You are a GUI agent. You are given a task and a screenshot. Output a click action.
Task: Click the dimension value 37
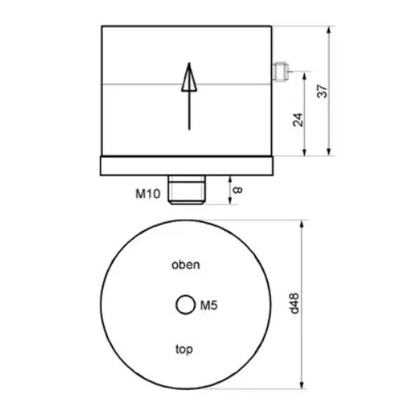click(x=322, y=91)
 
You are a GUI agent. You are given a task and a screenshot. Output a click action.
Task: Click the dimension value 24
click(x=298, y=119)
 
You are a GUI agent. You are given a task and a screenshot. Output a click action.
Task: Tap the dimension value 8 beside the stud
click(x=238, y=190)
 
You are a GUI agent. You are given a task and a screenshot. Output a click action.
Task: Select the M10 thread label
click(x=147, y=194)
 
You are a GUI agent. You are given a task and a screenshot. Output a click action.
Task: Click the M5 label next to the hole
click(x=208, y=306)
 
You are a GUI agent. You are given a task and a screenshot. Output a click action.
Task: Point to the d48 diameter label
click(x=295, y=304)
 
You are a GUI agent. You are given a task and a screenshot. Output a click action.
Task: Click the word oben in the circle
click(x=185, y=265)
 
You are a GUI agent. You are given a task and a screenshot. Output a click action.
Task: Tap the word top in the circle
click(x=184, y=349)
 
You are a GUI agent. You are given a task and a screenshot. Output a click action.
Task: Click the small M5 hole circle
click(x=185, y=305)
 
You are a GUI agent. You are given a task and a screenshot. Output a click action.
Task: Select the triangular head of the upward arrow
click(x=189, y=77)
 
